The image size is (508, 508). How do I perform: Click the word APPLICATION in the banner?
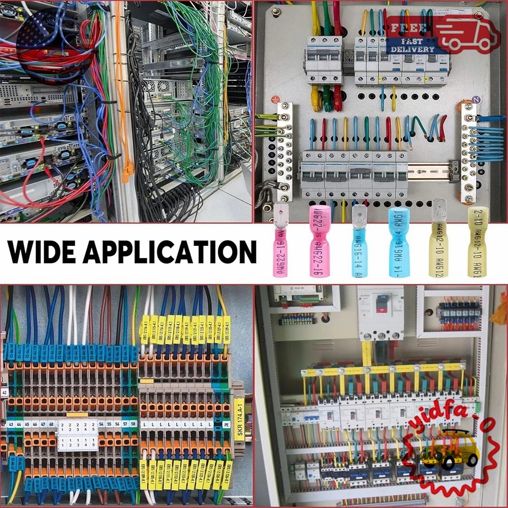pyautogui.click(x=175, y=251)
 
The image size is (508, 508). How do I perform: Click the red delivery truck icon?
pyautogui.click(x=467, y=33)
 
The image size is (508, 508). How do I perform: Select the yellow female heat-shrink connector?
pyautogui.click(x=477, y=242)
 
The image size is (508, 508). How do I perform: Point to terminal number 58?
pyautogui.click(x=133, y=423)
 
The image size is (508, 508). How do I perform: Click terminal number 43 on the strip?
pyautogui.click(x=10, y=424)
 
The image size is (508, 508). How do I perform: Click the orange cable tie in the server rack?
pyautogui.click(x=127, y=170)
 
